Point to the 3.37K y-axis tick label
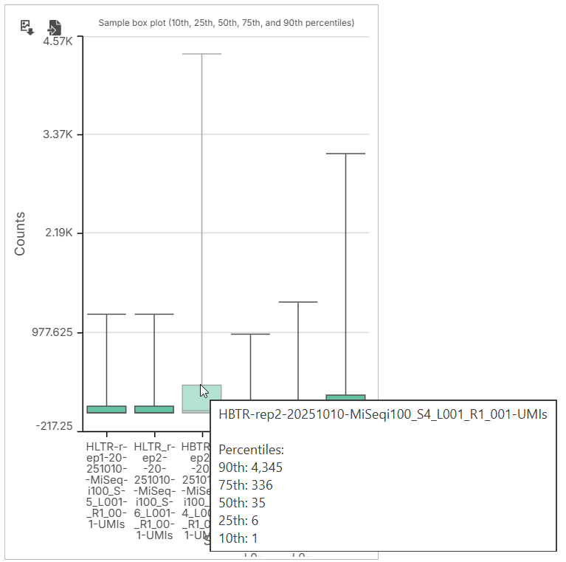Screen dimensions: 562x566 pos(58,134)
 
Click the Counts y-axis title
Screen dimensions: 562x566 pos(20,233)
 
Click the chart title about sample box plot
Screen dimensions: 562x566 pos(226,23)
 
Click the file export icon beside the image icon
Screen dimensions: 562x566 pos(54,27)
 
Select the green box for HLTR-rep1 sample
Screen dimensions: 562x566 pos(107,409)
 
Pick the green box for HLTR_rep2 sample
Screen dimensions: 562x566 pos(154,409)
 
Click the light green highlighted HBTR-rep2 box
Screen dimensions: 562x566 pos(201,397)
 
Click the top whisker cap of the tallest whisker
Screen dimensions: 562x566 pos(201,54)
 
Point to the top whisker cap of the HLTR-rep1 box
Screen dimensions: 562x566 pos(107,315)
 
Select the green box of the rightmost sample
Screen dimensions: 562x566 pos(345,398)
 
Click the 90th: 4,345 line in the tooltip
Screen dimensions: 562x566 pos(250,467)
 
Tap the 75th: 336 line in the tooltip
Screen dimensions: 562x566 pos(246,485)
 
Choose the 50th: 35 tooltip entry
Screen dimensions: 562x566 pos(242,503)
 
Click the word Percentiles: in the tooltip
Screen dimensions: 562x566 pos(251,450)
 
